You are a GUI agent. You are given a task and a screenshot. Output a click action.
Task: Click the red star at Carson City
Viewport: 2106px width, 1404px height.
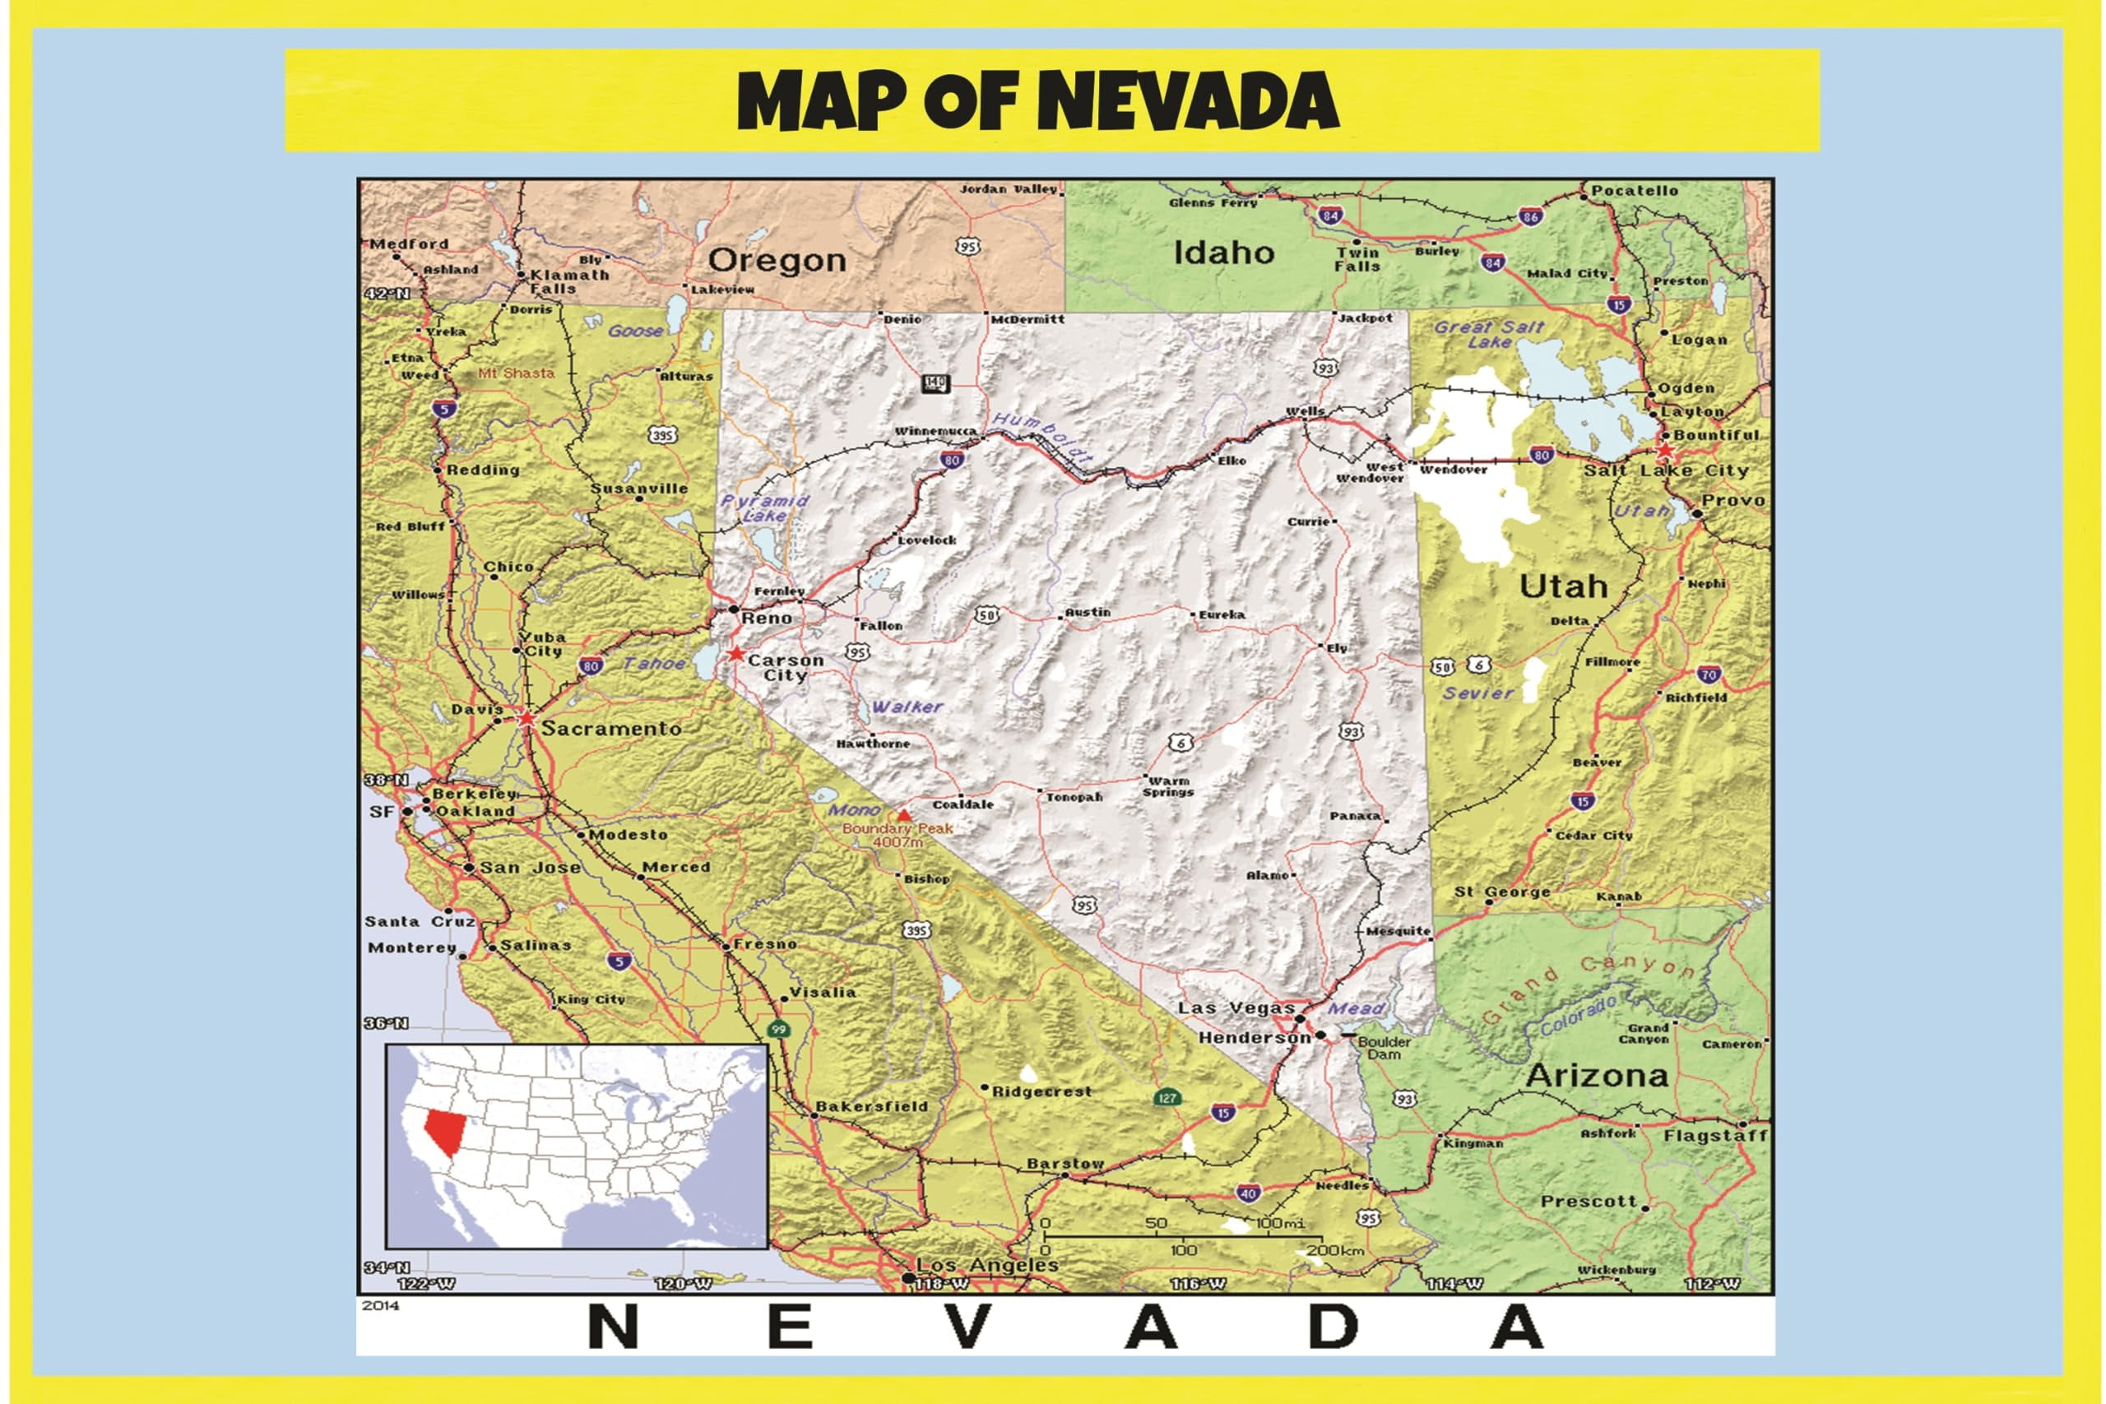(x=736, y=654)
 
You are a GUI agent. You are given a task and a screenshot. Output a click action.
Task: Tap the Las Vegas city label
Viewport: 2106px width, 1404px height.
(x=1236, y=1008)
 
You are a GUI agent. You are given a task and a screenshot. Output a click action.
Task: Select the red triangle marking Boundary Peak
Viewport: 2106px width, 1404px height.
(x=904, y=816)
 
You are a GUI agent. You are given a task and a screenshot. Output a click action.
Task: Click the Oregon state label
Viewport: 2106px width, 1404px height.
(x=777, y=261)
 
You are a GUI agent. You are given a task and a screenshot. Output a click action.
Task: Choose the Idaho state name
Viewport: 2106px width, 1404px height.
(x=1223, y=253)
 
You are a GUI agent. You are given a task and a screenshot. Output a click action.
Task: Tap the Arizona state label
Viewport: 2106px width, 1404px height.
(x=1597, y=1075)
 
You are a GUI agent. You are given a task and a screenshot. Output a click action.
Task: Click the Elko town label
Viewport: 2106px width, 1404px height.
(x=1232, y=461)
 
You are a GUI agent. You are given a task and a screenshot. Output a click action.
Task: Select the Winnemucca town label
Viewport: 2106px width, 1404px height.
(x=935, y=432)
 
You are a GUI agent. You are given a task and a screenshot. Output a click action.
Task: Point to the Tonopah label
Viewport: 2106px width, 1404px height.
(x=1074, y=797)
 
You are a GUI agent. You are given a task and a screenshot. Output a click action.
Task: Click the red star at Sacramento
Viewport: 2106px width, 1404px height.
(x=526, y=718)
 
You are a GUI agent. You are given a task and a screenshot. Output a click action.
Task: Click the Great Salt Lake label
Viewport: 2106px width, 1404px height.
(x=1489, y=334)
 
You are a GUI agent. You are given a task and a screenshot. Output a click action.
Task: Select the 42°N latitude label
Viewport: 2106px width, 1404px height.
(x=387, y=294)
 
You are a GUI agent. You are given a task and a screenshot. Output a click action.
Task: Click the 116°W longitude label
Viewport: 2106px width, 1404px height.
(x=1197, y=1284)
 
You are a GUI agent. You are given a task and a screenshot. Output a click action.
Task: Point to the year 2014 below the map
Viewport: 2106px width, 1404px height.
(x=381, y=1305)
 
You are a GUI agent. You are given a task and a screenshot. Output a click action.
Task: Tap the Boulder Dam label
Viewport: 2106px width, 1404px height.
(x=1385, y=1048)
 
